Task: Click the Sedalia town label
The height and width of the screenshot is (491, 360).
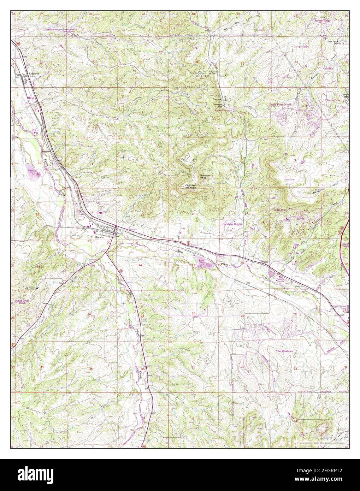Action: (100, 238)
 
